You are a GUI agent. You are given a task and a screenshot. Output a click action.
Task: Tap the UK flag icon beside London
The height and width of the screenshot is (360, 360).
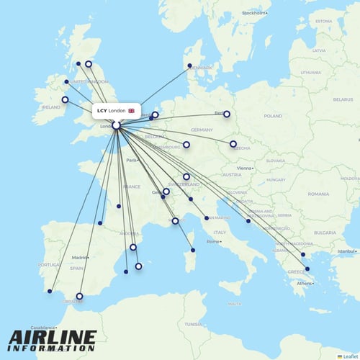pyautogui.click(x=131, y=111)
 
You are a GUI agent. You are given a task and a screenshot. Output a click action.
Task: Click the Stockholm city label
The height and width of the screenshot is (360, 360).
pyautogui.click(x=254, y=13)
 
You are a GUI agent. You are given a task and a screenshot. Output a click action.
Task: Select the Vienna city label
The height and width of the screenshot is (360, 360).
pyautogui.click(x=247, y=168)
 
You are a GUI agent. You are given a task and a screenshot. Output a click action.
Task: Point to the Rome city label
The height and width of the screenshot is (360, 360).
pyautogui.click(x=214, y=241)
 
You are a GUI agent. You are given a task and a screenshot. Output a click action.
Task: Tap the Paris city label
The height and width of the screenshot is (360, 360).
pyautogui.click(x=132, y=160)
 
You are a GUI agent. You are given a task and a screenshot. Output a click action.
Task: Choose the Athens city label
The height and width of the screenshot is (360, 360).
pyautogui.click(x=305, y=283)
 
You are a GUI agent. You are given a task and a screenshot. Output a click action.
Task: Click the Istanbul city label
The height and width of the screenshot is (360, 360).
pyautogui.click(x=346, y=251)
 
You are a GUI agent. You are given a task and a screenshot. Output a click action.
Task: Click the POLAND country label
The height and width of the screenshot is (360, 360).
pyautogui.click(x=273, y=115)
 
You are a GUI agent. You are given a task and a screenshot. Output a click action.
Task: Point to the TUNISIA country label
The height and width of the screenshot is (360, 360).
pyautogui.click(x=192, y=324)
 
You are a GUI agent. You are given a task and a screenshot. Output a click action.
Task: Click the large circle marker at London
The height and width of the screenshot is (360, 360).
pyautogui.click(x=116, y=126)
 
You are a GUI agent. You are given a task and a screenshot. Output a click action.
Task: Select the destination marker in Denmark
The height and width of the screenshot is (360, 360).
pyautogui.click(x=190, y=66)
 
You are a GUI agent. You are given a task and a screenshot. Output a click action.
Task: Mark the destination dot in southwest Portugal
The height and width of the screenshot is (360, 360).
pyautogui.click(x=50, y=292)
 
